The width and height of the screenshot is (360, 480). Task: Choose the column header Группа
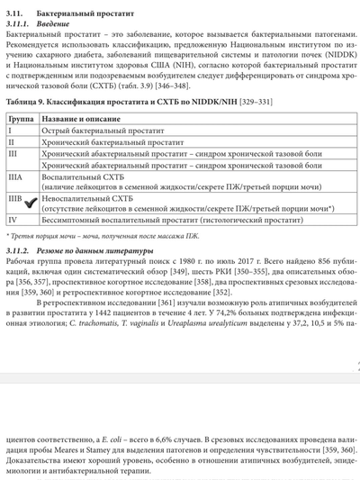(21, 119)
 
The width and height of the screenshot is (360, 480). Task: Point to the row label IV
(13, 218)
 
